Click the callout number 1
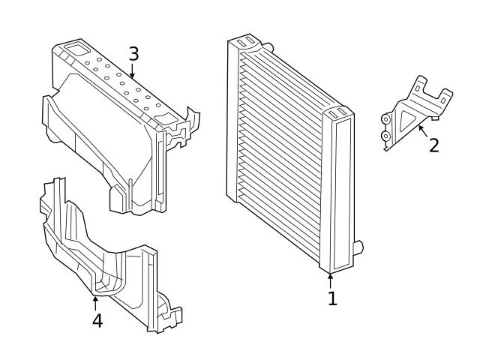tap(331, 298)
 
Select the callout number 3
tap(133, 54)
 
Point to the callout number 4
tap(97, 320)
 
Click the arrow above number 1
tap(331, 280)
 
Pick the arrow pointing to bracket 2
tap(421, 130)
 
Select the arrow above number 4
tap(95, 302)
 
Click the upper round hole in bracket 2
tap(386, 118)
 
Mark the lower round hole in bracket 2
tap(386, 136)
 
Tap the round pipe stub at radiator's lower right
tap(358, 246)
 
